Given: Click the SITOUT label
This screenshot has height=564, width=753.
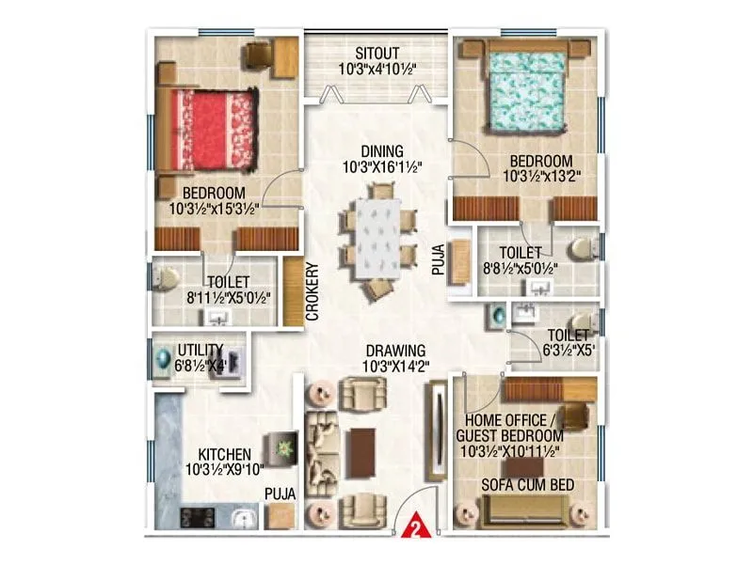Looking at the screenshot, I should click(375, 52).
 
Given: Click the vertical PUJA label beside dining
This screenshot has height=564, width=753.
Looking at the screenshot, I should click(437, 255).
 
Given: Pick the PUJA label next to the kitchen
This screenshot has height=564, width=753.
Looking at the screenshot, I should click(280, 492).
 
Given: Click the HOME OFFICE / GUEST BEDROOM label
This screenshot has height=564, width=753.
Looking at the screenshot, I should click(509, 429).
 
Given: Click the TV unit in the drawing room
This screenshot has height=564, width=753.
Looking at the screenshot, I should click(435, 428).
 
